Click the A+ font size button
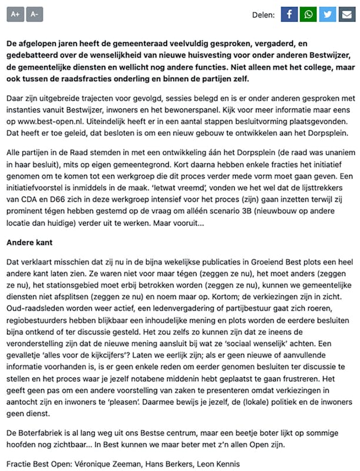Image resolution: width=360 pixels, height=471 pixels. [x=15, y=14]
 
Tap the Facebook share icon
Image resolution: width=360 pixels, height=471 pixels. [x=289, y=14]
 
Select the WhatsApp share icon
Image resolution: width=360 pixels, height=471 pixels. [x=308, y=14]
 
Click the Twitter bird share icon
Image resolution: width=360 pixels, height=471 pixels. [x=328, y=14]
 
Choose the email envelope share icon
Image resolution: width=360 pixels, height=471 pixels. [x=348, y=14]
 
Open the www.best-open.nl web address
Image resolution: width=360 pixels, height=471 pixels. [x=51, y=121]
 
